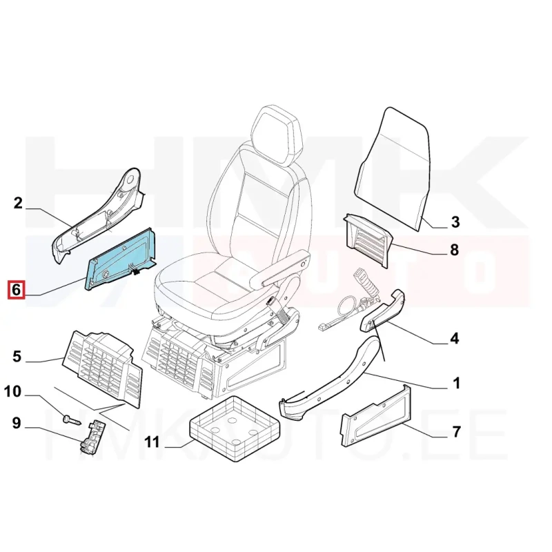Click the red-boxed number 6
pos(17,290)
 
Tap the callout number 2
pos(18,204)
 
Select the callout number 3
pos(455,222)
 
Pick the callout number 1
pos(456,383)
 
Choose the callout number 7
pos(456,432)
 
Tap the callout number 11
pos(152,442)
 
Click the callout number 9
pos(17,423)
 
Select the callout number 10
pos(13,391)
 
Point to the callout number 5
pos(17,357)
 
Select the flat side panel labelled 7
pos(375,415)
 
